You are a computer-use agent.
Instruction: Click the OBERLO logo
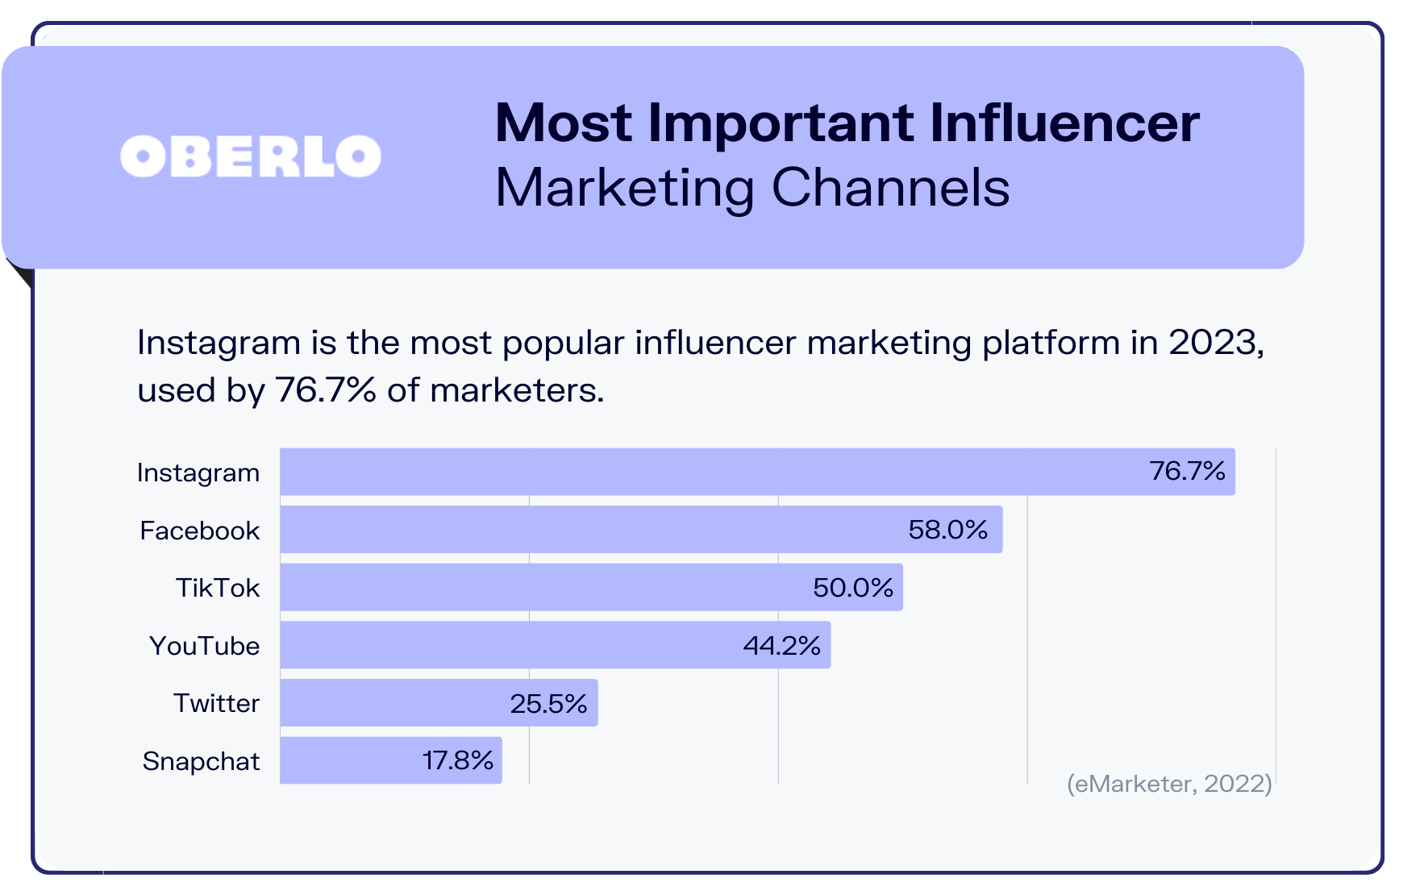pyautogui.click(x=251, y=156)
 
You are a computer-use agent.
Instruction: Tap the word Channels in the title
pyautogui.click(x=890, y=188)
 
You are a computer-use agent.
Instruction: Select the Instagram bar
pyautogui.click(x=710, y=472)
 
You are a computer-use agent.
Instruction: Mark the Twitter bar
pyautogui.click(x=395, y=703)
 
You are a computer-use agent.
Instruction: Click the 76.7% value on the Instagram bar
pyautogui.click(x=1187, y=471)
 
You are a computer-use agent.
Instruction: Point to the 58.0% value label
pyautogui.click(x=947, y=530)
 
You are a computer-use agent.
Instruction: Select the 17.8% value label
pyautogui.click(x=458, y=760)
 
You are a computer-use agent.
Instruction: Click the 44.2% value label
pyautogui.click(x=781, y=646)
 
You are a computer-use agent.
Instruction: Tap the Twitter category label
pyautogui.click(x=216, y=703)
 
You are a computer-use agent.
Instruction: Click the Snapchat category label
pyautogui.click(x=201, y=761)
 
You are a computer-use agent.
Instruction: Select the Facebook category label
pyautogui.click(x=199, y=531)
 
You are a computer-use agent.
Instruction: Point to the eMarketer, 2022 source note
pyautogui.click(x=1169, y=784)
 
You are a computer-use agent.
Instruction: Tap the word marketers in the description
pyautogui.click(x=516, y=390)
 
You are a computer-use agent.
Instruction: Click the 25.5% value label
pyautogui.click(x=548, y=704)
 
